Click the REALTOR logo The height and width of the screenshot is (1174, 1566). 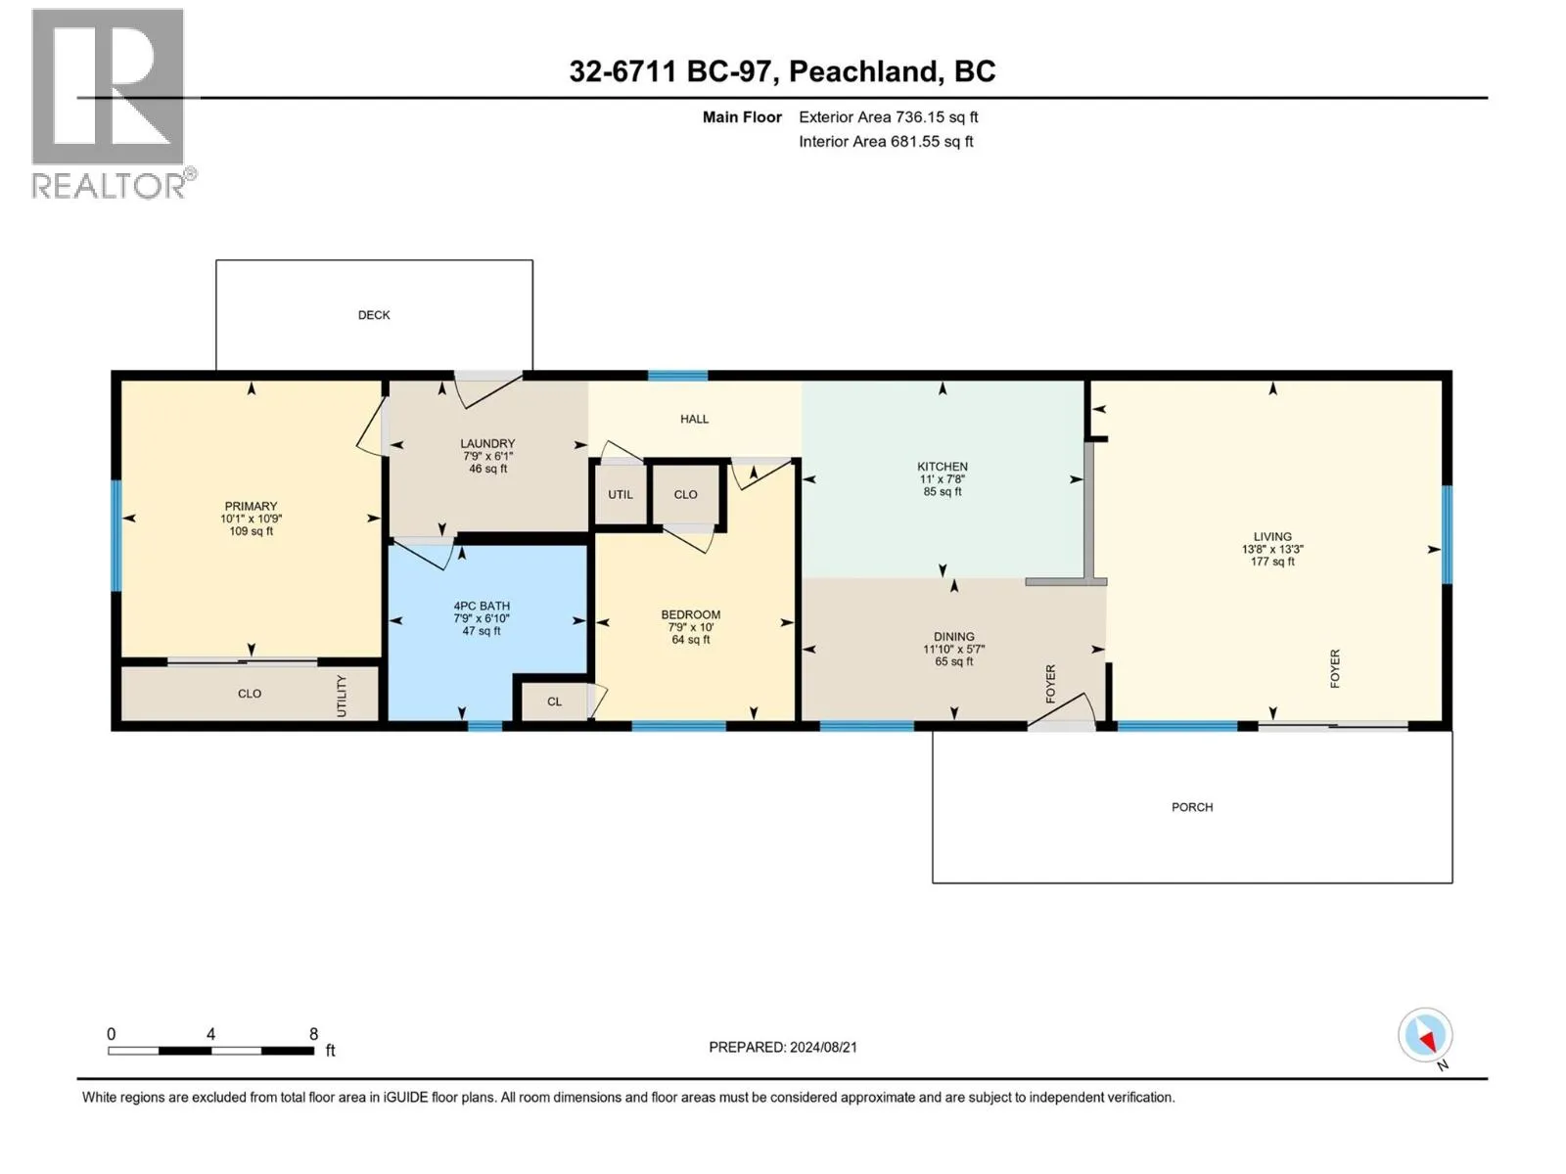pyautogui.click(x=113, y=104)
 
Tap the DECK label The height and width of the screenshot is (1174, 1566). pyautogui.click(x=374, y=315)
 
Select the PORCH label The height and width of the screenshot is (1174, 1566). pyautogui.click(x=1192, y=807)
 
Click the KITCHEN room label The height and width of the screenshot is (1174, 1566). pyautogui.click(x=943, y=467)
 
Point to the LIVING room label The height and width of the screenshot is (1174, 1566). pyautogui.click(x=1272, y=537)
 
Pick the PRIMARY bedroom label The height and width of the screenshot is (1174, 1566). pyautogui.click(x=251, y=506)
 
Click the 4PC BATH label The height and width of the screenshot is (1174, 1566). pyautogui.click(x=482, y=606)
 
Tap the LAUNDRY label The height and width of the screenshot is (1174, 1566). pyautogui.click(x=487, y=443)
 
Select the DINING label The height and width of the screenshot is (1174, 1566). pyautogui.click(x=954, y=637)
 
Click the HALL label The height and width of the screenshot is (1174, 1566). pyautogui.click(x=694, y=419)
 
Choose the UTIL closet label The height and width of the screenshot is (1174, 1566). pyautogui.click(x=620, y=495)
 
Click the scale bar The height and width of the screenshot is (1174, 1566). pyautogui.click(x=211, y=1051)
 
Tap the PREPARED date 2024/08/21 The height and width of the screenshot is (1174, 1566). pyautogui.click(x=822, y=1047)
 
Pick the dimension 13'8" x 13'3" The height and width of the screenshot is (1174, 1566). pyautogui.click(x=1272, y=550)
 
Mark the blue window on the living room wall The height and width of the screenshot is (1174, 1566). pyautogui.click(x=1447, y=534)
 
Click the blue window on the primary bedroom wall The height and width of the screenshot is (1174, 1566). pyautogui.click(x=116, y=536)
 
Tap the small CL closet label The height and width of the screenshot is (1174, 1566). pyautogui.click(x=554, y=701)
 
